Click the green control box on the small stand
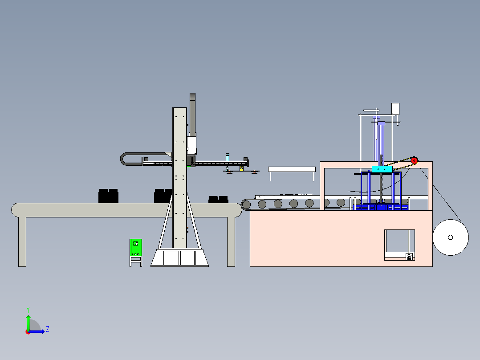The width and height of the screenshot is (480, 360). tap(136, 247)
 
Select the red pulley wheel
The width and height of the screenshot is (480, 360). tap(414, 160)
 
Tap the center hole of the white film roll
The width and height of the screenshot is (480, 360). tap(450, 237)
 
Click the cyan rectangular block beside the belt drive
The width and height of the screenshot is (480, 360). tap(382, 169)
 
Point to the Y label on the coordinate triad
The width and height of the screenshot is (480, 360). tap(28, 309)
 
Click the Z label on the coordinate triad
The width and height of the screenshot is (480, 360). tap(47, 329)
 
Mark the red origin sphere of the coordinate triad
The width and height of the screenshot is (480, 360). tap(28, 332)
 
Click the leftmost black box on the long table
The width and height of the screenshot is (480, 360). tap(108, 196)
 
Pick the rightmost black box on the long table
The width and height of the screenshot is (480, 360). tap(218, 199)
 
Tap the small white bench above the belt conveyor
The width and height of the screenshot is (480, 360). tap(292, 169)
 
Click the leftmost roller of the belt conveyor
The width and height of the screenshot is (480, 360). tap(246, 205)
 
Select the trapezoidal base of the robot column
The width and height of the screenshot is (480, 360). tap(179, 258)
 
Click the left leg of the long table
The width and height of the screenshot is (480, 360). tap(22, 241)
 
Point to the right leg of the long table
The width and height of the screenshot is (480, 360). tap(231, 241)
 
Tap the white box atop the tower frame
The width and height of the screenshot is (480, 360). tap(395, 108)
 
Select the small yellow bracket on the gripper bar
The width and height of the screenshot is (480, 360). tap(241, 168)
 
